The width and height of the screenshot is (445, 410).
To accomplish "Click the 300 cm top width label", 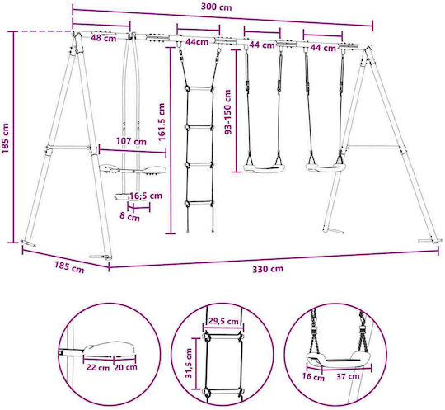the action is pos(216,7).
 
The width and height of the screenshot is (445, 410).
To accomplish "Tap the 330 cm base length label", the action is pos(268,269).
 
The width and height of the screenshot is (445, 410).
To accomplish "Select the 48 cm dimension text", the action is pos(104,38).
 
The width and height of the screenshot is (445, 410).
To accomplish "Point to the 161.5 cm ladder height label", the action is pos(162,122).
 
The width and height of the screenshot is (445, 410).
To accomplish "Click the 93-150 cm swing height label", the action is pos(228,111).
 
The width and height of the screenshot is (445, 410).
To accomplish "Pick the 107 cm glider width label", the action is pos(131,141).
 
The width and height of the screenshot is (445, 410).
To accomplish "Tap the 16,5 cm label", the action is pos(146,196).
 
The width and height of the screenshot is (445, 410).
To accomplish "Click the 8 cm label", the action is pos(129,216).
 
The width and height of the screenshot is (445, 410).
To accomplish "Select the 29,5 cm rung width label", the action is pos(223,321).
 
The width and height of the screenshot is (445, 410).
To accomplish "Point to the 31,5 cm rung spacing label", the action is pos(189,363).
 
